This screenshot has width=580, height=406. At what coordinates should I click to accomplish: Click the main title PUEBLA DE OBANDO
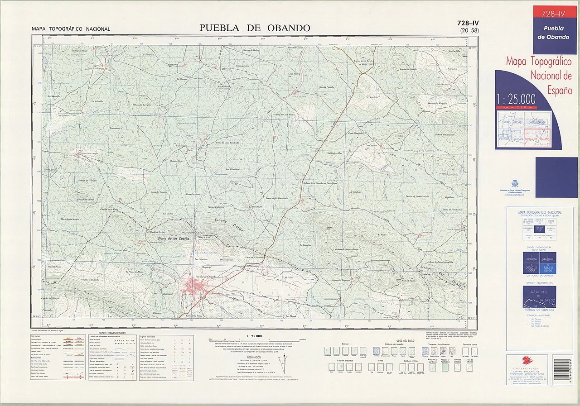click(x=255, y=28)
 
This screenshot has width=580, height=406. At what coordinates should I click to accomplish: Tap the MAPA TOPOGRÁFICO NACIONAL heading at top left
click(x=71, y=29)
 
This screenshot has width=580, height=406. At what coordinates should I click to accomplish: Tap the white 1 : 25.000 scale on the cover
click(x=516, y=99)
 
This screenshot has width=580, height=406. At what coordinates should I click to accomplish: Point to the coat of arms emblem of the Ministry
click(x=514, y=183)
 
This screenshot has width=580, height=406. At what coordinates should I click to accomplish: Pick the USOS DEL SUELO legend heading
click(x=405, y=340)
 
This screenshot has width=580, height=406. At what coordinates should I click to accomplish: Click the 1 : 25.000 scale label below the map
click(x=254, y=336)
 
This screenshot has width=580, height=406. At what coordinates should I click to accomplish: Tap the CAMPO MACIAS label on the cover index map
click(x=512, y=122)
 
